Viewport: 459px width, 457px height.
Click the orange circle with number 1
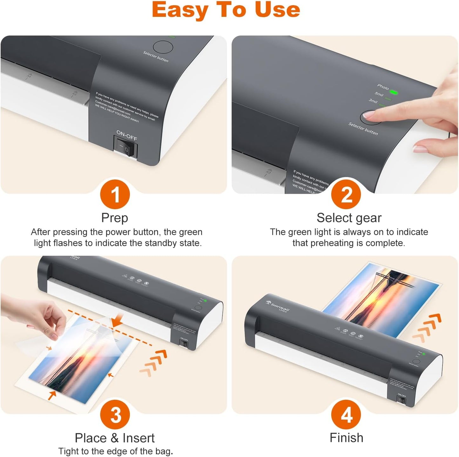115,194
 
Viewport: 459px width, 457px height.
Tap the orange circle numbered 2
346,194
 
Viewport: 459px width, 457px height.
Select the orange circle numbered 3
115,414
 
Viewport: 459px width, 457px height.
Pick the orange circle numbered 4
346,414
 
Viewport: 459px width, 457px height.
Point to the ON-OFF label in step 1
126,136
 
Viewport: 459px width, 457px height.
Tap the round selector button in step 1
163,47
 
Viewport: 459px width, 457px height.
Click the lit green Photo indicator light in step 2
394,92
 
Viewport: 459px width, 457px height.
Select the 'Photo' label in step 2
383,86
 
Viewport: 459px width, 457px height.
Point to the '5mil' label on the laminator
379,94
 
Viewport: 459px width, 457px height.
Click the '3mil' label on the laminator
373,101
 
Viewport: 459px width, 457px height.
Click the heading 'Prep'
114,218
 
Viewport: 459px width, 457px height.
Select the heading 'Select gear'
349,218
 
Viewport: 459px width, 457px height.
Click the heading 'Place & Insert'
114,438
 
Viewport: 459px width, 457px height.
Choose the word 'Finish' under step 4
346,438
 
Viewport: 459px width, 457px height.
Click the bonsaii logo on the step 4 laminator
278,306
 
